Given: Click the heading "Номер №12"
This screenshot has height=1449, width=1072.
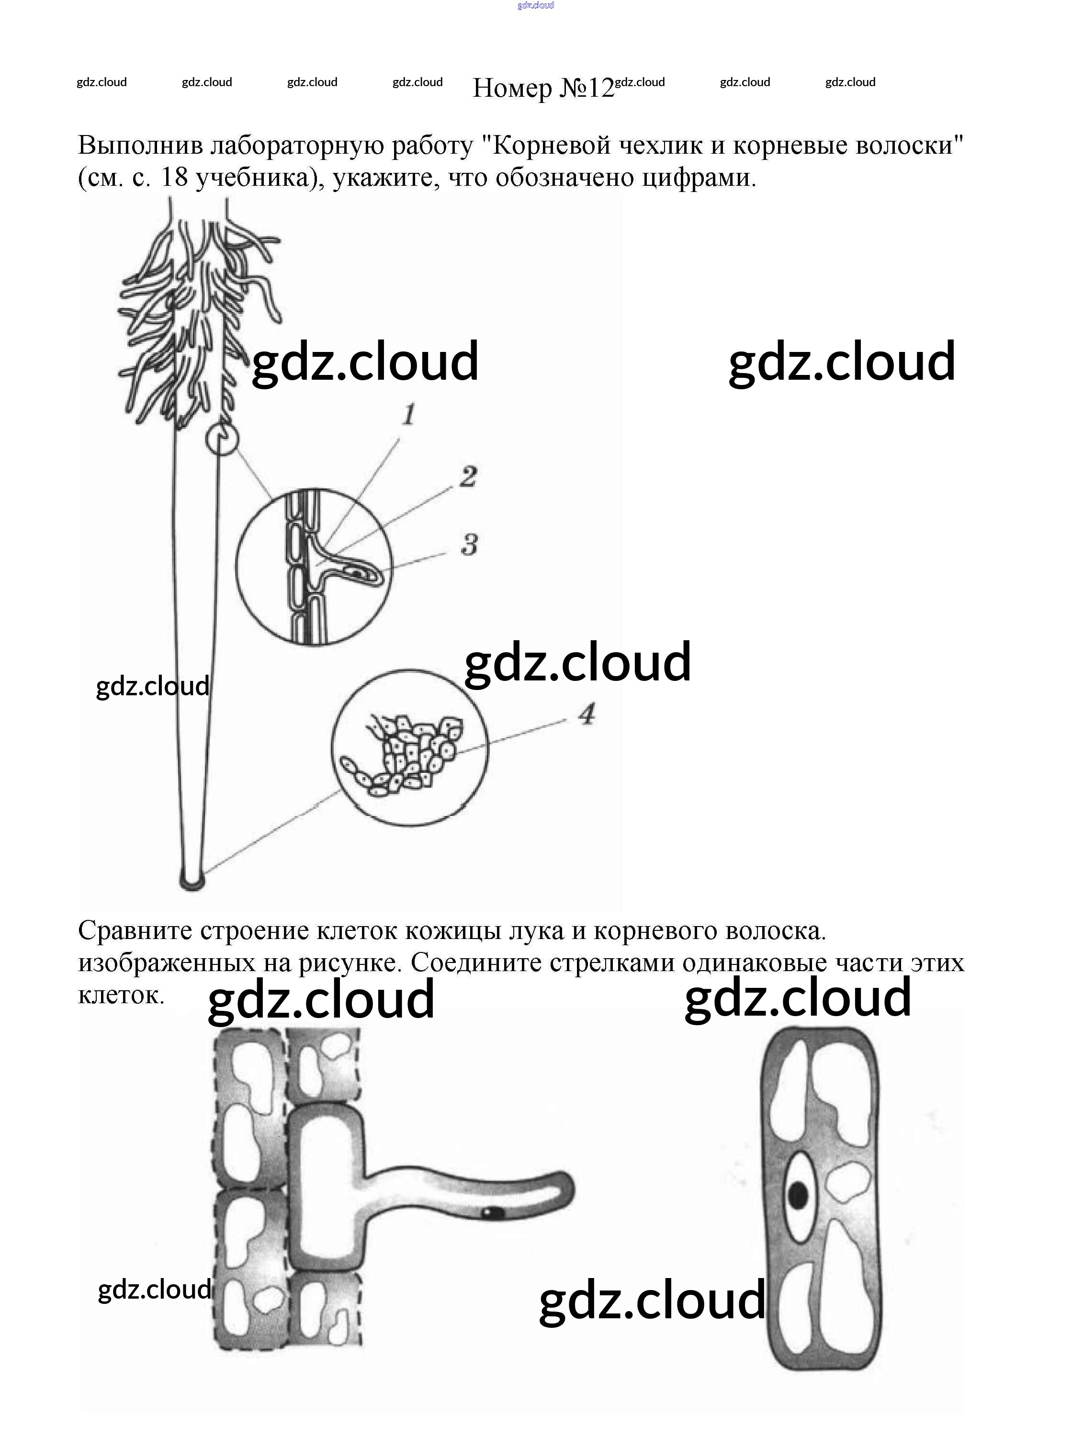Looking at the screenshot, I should [542, 88].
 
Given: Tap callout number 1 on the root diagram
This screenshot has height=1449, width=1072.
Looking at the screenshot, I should [408, 414].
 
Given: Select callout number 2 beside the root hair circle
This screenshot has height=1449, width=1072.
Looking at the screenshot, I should [468, 477].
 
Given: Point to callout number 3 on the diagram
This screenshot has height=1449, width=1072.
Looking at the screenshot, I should [469, 544].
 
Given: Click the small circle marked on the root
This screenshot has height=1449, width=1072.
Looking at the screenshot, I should [222, 439].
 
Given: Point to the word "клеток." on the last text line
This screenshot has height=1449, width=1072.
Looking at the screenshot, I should [121, 994].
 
